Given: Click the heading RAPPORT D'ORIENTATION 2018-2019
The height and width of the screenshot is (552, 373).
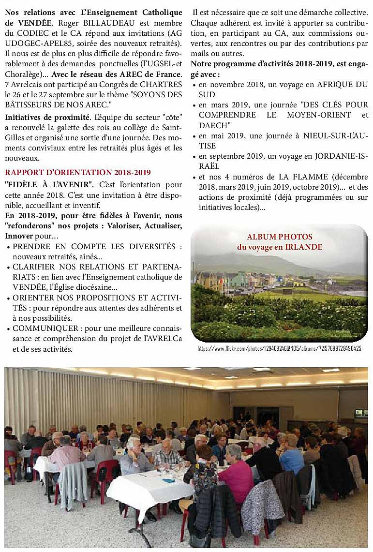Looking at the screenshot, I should point(77,172).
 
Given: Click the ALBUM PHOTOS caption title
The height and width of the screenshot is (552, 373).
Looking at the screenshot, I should point(280,237).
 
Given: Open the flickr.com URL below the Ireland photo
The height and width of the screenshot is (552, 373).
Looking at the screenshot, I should point(279,348).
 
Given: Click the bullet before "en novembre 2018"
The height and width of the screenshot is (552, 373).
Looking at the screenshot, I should point(194,85).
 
